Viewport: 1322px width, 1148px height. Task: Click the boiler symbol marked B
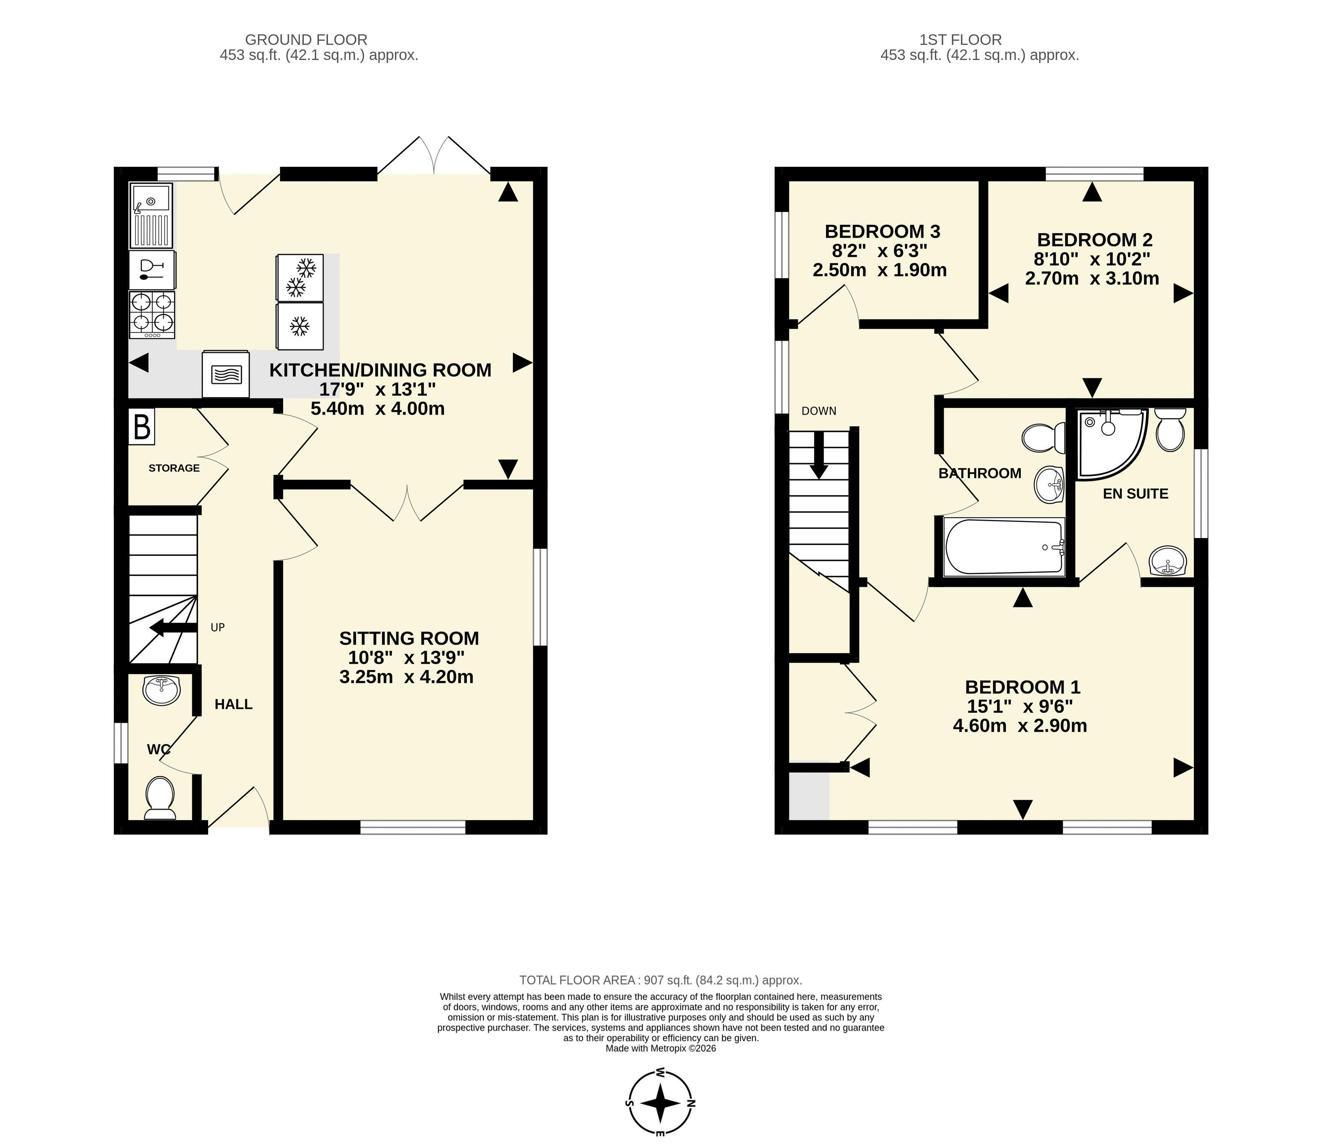142,427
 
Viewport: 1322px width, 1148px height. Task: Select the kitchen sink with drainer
151,215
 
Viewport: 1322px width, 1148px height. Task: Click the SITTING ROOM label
409,639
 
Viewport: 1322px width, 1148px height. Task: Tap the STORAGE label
174,468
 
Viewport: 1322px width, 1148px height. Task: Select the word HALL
234,705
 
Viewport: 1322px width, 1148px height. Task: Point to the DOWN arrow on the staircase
819,455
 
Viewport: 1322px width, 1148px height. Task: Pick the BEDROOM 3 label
882,231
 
